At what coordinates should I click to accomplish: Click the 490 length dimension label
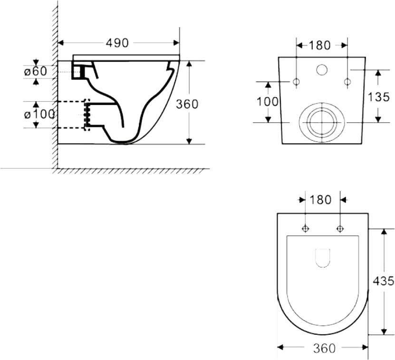click(117, 43)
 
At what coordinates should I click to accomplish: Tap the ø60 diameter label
click(36, 72)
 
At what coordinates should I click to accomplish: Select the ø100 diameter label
click(39, 115)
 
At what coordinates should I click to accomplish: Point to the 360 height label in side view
click(187, 104)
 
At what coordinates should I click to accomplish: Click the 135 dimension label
click(379, 97)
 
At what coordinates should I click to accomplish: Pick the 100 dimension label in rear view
click(267, 102)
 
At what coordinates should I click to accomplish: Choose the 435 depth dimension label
click(383, 281)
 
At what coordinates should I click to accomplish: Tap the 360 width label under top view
click(324, 349)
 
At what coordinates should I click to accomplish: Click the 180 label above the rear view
click(319, 45)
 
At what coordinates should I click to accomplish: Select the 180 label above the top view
click(320, 200)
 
